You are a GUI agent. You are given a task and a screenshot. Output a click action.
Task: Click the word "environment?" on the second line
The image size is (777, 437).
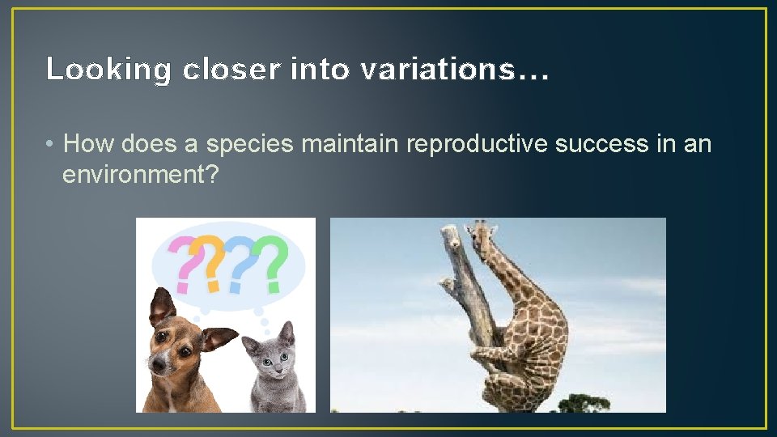pos(140,175)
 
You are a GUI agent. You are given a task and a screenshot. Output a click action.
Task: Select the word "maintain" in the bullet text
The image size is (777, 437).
pos(350,144)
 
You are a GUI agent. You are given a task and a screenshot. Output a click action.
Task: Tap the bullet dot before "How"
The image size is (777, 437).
pos(50,145)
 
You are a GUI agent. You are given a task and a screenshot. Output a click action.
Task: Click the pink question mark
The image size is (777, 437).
pos(185,264)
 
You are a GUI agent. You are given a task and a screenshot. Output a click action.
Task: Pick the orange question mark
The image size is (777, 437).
pos(212,262)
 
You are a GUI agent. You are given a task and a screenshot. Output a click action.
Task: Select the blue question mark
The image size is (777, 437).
pos(241,263)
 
